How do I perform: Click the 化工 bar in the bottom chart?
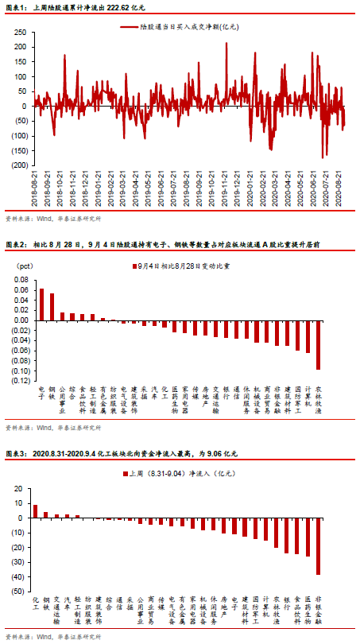tap(35, 510)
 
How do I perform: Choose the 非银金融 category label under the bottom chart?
tap(318, 611)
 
